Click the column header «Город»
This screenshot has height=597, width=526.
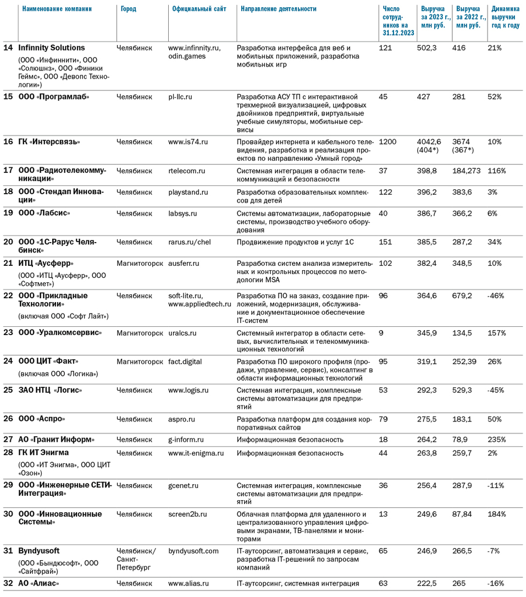click(129, 9)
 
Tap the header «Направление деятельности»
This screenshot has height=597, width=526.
click(279, 9)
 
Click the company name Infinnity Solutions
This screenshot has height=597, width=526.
click(52, 48)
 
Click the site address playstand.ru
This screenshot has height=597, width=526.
click(188, 193)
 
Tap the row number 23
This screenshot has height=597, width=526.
click(8, 333)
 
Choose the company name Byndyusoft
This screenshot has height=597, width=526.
click(39, 551)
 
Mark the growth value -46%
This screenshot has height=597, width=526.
click(496, 296)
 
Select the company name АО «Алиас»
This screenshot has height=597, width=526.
click(39, 584)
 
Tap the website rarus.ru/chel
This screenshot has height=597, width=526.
click(189, 242)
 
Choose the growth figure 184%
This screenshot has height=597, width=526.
click(496, 514)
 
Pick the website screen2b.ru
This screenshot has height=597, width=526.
click(187, 514)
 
